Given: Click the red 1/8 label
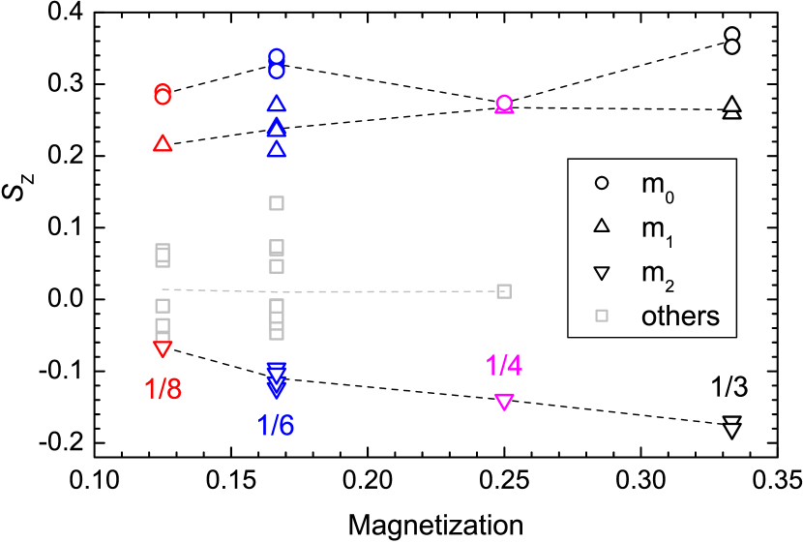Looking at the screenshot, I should pos(163,388).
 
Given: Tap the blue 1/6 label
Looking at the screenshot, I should pos(276,425).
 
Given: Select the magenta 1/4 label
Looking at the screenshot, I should pos(504,365).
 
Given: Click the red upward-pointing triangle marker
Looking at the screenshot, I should pos(163,143).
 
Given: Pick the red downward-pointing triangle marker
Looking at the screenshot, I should pos(163,348).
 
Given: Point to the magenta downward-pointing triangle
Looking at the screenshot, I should pos(504,402).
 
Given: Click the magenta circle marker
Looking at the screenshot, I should pos(504,103).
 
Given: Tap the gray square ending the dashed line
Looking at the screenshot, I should pos(504,290).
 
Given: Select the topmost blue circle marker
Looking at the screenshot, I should pos(277,56).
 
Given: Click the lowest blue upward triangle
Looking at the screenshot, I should pos(277,149).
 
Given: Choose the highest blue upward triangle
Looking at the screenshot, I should pos(277,104).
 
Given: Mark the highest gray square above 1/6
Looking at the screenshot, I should pos(277,203).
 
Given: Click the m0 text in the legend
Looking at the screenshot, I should pos(657,185).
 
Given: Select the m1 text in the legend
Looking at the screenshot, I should pos(657,228).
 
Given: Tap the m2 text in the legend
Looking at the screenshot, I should pos(657,274).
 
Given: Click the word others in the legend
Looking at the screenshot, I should pos(680,316).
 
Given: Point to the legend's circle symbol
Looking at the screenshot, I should pos(601,182).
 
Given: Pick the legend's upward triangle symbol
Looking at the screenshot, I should pos(601,226).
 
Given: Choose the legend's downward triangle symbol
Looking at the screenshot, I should pos(601,273).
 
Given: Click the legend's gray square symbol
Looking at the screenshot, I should pos(601,316).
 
